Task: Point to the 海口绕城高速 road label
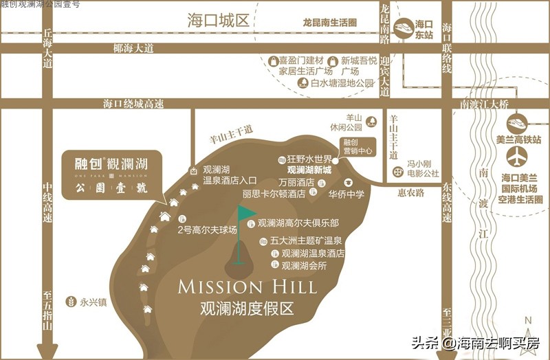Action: pyautogui.click(x=134, y=104)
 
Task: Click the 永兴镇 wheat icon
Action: pyautogui.click(x=69, y=300)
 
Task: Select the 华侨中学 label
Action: pyautogui.click(x=346, y=194)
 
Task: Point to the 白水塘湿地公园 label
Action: pyautogui.click(x=342, y=83)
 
